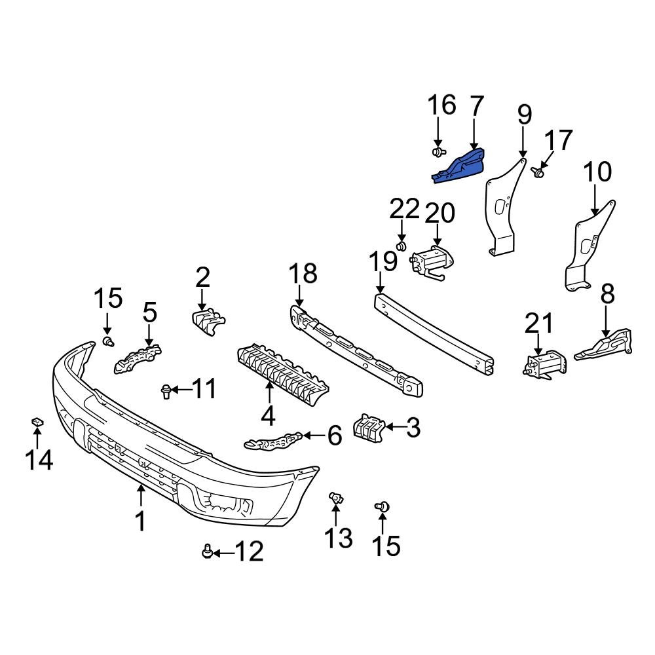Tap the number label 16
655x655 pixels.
442,105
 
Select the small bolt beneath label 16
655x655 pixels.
438,153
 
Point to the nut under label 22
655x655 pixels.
403,246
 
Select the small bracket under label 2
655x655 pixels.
208,320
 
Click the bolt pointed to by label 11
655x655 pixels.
166,392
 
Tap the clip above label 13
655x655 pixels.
337,499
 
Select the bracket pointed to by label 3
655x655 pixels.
367,427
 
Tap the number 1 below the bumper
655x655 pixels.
140,521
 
